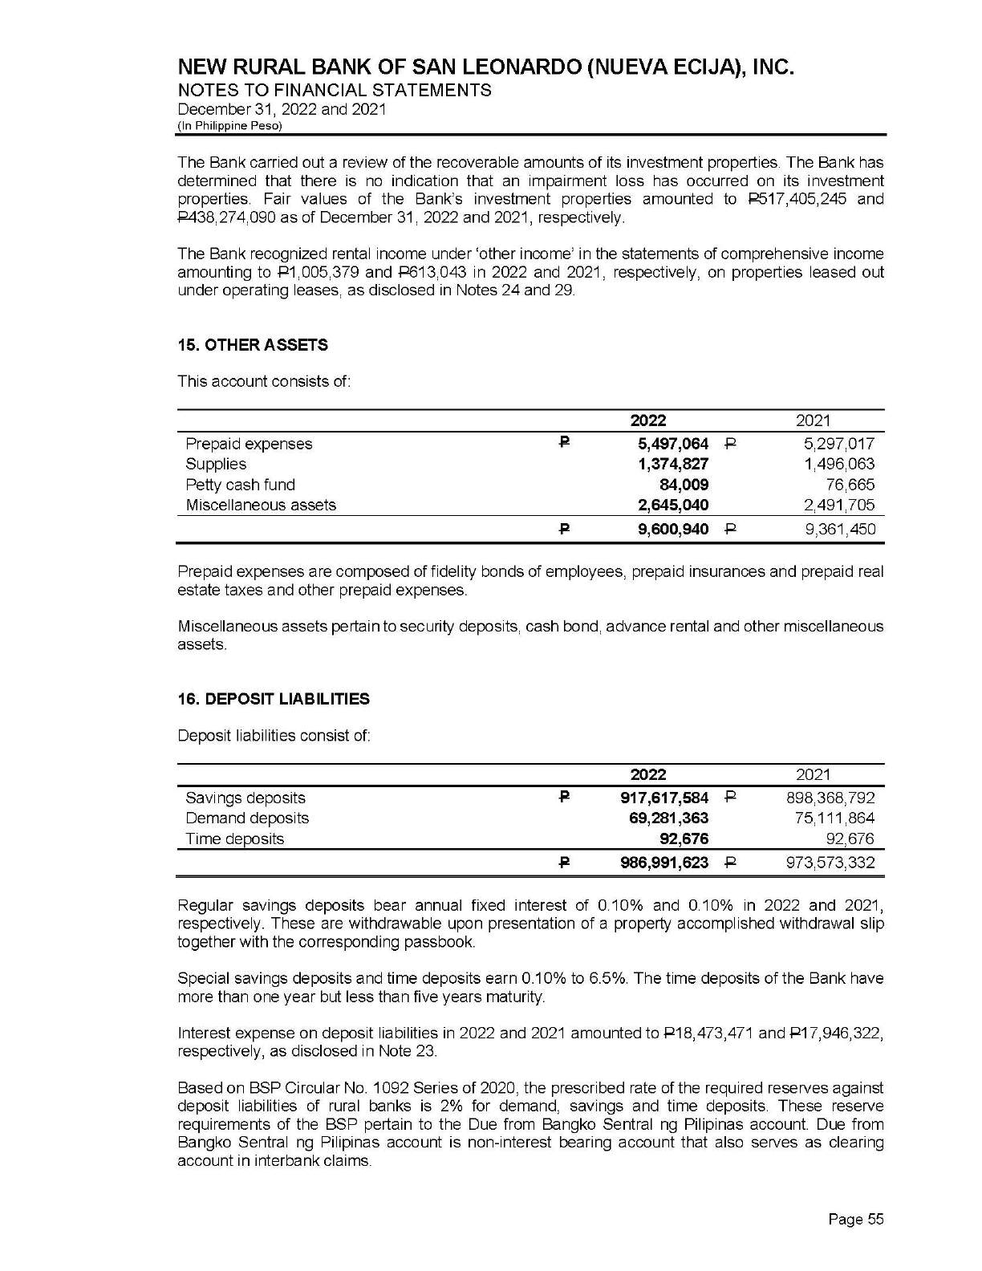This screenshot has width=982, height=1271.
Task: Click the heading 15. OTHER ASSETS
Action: (252, 346)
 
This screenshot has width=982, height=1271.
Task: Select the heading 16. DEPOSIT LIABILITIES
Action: (274, 700)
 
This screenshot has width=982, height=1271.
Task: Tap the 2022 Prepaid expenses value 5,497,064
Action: (669, 444)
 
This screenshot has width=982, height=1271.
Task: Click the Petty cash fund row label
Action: (240, 485)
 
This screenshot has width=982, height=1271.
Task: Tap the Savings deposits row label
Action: (245, 798)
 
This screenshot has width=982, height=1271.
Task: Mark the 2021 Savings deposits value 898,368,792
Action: (830, 798)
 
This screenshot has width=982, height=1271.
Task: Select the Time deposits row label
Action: (234, 839)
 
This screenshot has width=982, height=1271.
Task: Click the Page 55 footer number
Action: (855, 1220)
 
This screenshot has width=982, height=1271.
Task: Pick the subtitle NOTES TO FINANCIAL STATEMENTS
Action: (334, 90)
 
